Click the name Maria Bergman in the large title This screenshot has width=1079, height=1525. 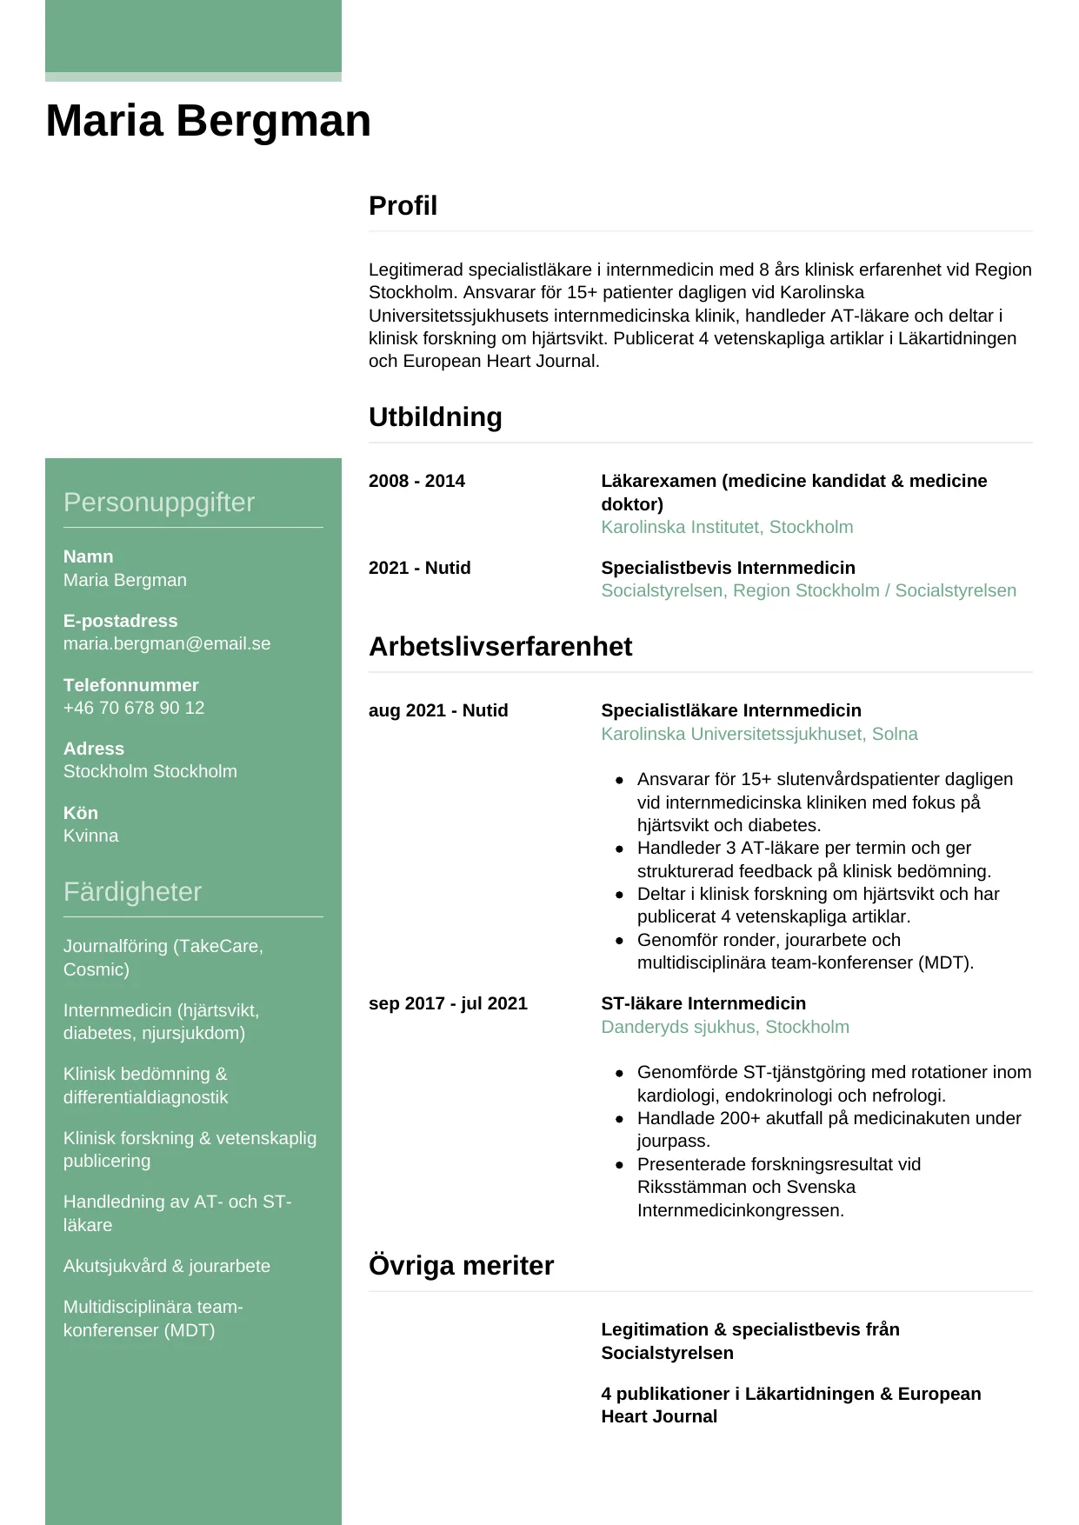208,121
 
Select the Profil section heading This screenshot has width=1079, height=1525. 403,206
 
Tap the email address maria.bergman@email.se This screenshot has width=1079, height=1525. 167,644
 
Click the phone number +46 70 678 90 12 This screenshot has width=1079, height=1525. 134,709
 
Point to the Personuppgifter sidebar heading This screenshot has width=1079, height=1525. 159,503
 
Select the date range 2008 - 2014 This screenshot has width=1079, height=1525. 416,482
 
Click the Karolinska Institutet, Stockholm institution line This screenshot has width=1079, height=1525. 727,528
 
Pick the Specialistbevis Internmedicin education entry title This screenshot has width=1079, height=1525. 728,569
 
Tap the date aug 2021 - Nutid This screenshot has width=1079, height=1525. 438,711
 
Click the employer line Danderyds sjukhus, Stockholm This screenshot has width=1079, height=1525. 725,1028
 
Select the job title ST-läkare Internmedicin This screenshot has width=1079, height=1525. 703,1004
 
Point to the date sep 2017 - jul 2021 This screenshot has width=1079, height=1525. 448,1004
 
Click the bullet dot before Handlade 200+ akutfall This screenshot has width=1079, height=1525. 619,1119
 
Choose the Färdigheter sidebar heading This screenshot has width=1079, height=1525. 132,892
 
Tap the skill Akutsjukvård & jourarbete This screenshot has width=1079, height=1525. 167,1267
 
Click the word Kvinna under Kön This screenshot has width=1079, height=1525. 90,836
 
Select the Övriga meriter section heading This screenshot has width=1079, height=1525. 461,1266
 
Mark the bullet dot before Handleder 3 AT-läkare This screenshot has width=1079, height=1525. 619,849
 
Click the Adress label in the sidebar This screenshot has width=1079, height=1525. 94,749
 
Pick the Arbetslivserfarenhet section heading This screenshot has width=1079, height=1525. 500,647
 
